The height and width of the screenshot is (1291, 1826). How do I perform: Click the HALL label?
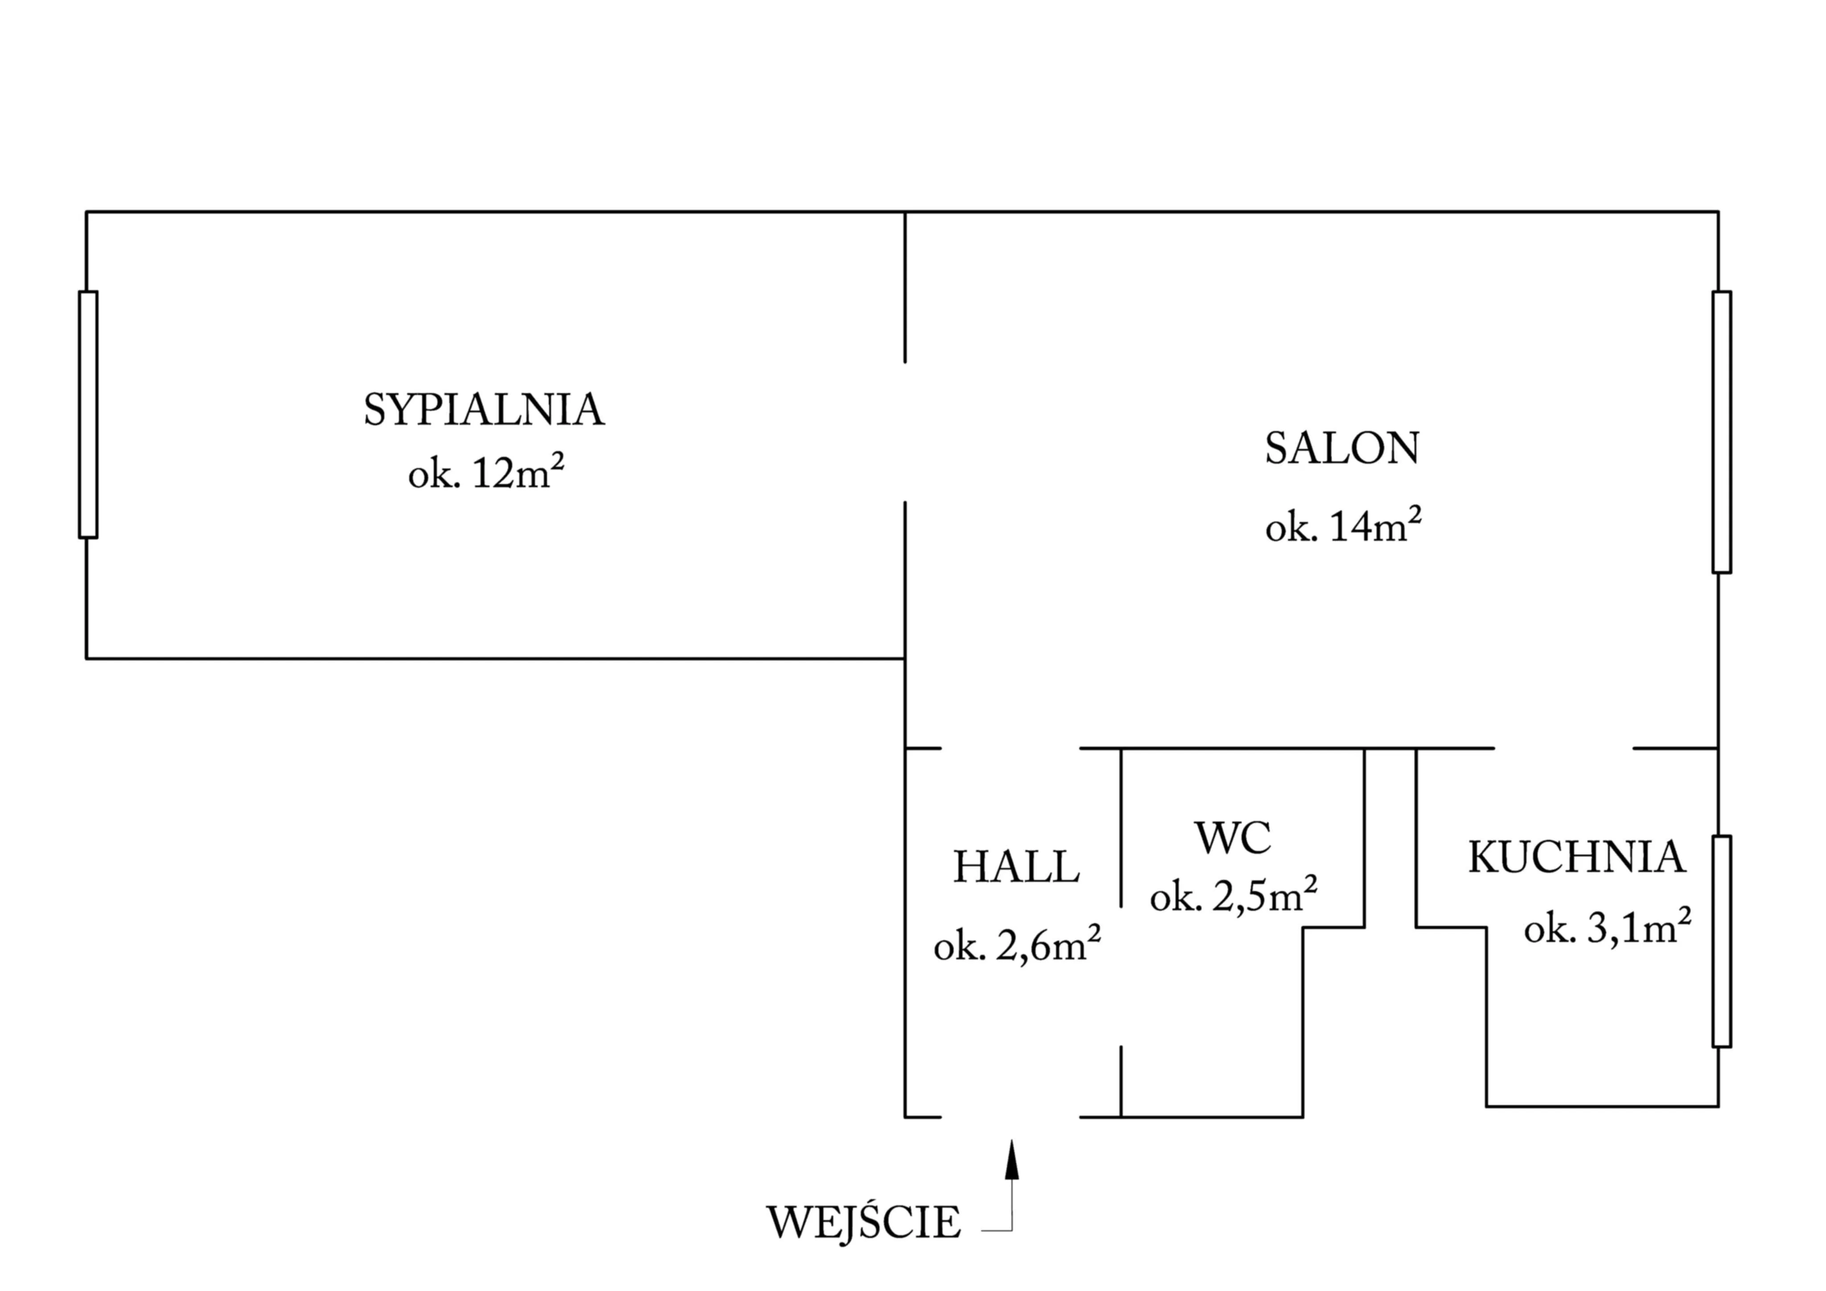pos(1016,867)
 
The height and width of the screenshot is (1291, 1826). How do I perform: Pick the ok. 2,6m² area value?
pos(1016,946)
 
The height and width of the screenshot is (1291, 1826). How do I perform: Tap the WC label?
pos(1233,838)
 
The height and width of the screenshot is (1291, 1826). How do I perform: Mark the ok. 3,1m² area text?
pos(1607,928)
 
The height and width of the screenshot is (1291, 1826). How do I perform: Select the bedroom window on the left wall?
pos(88,415)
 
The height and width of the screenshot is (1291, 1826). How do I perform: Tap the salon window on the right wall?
pos(1722,432)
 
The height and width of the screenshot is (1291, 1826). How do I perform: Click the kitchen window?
pos(1722,941)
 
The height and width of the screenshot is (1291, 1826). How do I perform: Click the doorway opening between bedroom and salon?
pos(905,432)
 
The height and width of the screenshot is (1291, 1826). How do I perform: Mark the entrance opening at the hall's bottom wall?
pos(1010,1117)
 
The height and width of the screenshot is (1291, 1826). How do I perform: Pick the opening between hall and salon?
pos(1010,748)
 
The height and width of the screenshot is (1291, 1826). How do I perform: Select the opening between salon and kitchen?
pos(1563,748)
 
